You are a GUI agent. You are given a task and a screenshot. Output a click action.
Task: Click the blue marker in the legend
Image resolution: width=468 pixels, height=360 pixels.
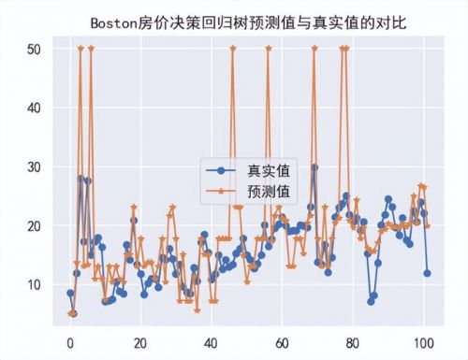point(221,171)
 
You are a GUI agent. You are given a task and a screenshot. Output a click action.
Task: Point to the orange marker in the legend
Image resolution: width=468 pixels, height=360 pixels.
point(221,192)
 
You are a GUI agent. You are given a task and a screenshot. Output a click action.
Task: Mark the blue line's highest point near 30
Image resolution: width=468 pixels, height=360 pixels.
point(314,167)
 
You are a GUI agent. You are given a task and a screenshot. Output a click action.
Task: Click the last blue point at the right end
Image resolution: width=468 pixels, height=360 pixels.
point(427,273)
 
